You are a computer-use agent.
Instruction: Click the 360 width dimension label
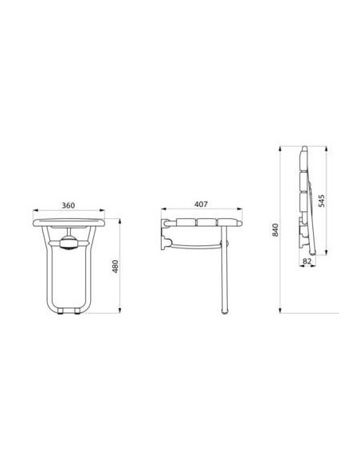point(68,206)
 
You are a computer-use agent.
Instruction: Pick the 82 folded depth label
point(307,260)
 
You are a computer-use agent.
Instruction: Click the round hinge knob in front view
point(68,240)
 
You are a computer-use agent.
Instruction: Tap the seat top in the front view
point(68,221)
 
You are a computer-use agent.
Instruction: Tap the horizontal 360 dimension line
point(68,213)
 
